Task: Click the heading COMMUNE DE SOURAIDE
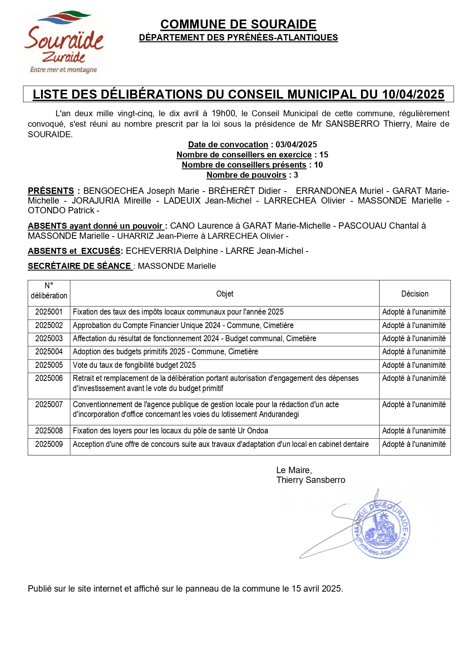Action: [x=238, y=24]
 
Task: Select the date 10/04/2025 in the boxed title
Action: [x=413, y=94]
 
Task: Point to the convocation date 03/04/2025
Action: [x=296, y=145]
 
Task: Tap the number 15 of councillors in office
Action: [x=324, y=155]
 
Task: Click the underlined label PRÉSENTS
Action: [x=51, y=191]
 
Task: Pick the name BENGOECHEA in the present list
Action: [x=113, y=191]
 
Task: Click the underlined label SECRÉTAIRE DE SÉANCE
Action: [x=79, y=266]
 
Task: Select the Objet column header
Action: [x=225, y=294]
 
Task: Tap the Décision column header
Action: [x=415, y=294]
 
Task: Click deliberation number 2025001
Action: [x=49, y=312]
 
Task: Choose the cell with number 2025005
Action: [x=49, y=365]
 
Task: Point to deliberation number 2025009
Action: [x=49, y=444]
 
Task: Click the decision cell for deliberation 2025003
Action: [x=414, y=339]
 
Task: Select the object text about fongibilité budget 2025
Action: [x=134, y=365]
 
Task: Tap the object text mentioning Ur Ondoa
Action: [x=170, y=431]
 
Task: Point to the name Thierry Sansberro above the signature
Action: [x=311, y=480]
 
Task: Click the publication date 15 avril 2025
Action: [x=316, y=589]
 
